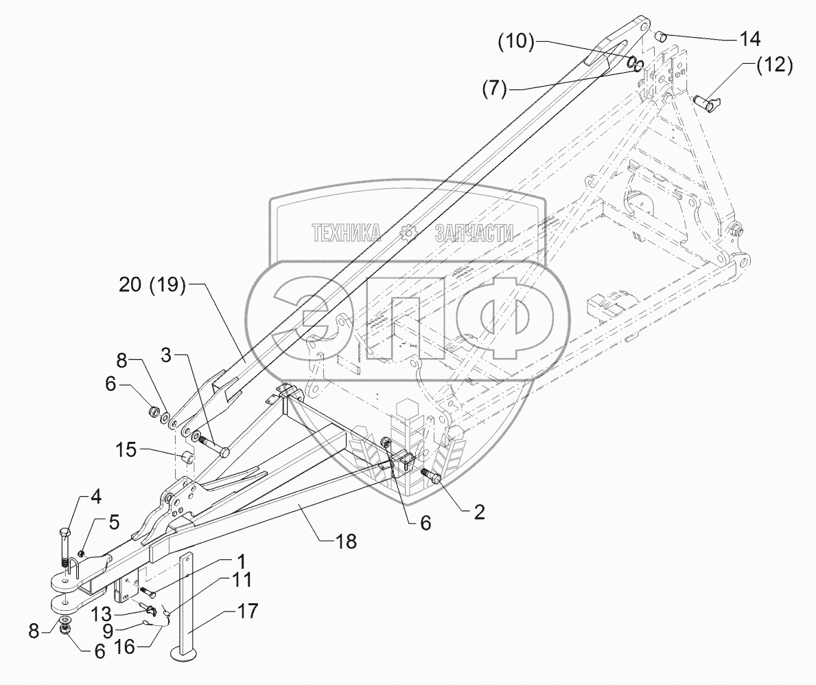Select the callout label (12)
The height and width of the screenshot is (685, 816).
click(x=774, y=67)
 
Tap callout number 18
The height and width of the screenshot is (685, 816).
click(x=347, y=541)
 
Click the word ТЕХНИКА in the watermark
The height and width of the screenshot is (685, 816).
click(x=347, y=234)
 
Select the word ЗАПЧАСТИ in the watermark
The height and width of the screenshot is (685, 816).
click(x=474, y=234)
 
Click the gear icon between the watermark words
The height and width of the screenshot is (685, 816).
click(x=409, y=234)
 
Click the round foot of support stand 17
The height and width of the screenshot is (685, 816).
click(x=185, y=656)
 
